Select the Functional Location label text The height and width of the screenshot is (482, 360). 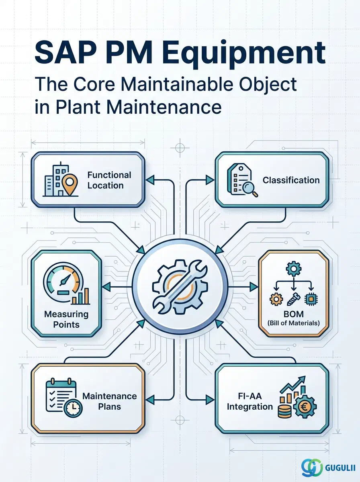coord(109,180)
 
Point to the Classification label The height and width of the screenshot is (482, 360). coord(291,180)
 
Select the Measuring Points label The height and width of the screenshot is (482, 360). coord(66,319)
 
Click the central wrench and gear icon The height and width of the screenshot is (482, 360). coord(180,286)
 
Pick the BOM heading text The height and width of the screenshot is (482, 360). coord(293,314)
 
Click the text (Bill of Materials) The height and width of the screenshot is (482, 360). coord(293,323)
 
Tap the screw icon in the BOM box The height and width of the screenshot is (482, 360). coord(293,299)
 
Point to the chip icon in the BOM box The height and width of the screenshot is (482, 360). coord(311,299)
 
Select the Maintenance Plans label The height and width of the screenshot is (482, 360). coord(109,401)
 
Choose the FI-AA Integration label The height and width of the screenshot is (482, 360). coord(250,401)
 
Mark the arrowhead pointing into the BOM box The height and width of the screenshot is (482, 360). coord(254,286)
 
